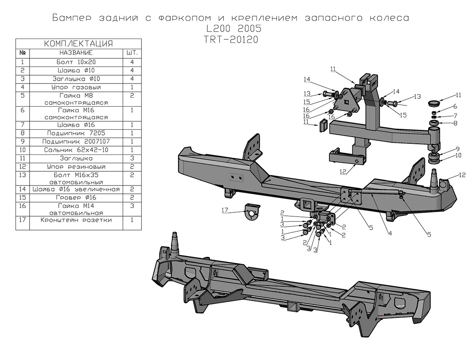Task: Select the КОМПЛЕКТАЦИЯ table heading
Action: click(79, 43)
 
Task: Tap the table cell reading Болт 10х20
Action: click(76, 62)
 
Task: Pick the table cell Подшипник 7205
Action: click(76, 133)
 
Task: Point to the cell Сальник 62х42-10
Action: click(76, 150)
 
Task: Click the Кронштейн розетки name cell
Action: click(76, 220)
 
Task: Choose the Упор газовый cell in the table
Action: click(76, 87)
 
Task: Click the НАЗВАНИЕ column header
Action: click(76, 52)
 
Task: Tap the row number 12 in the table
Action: click(23, 167)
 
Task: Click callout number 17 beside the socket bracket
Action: click(225, 212)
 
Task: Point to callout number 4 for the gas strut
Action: click(389, 234)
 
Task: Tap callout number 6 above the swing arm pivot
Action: click(454, 106)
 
